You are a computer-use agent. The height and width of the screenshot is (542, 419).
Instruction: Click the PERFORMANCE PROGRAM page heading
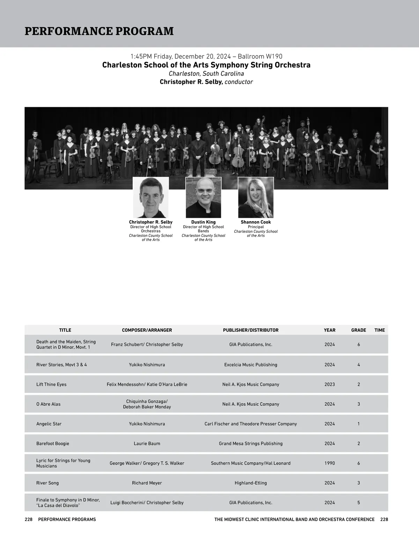pos(99,31)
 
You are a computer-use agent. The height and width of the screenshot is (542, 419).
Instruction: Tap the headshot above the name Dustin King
pos(203,198)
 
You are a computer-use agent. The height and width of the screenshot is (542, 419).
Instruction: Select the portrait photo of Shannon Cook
pos(256,198)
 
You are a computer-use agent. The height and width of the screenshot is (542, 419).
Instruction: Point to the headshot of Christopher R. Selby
pos(151,198)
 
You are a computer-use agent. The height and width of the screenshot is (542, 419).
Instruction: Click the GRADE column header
pos(359,330)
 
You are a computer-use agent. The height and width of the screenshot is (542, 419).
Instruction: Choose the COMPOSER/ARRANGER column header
pos(147,330)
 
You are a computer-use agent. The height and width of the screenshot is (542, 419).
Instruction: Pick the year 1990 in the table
pos(330,463)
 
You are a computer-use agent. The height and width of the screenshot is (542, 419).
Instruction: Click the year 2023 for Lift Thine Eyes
pos(330,384)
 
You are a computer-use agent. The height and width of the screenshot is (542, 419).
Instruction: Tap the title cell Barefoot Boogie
pos(53,444)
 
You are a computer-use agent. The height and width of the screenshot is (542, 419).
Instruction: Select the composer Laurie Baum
pos(147,444)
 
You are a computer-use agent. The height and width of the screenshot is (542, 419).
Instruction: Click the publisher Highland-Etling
pos(251,483)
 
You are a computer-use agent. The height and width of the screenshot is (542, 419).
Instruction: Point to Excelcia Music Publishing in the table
pos(251,365)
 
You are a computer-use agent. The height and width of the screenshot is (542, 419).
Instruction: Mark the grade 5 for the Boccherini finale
pos(359,503)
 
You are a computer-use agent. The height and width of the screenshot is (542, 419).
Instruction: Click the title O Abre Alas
pos(49,404)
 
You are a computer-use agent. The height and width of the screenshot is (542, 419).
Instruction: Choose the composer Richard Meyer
pos(147,483)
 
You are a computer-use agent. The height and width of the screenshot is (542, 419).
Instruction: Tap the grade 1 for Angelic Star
pos(359,424)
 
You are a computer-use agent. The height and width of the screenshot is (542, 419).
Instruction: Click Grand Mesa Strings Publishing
pos(251,444)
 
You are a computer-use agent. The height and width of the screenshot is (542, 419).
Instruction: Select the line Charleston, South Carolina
pos(206,74)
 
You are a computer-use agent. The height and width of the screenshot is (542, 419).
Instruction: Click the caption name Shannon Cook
pos(256,222)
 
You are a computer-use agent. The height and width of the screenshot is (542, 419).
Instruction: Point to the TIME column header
pos(380,330)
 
